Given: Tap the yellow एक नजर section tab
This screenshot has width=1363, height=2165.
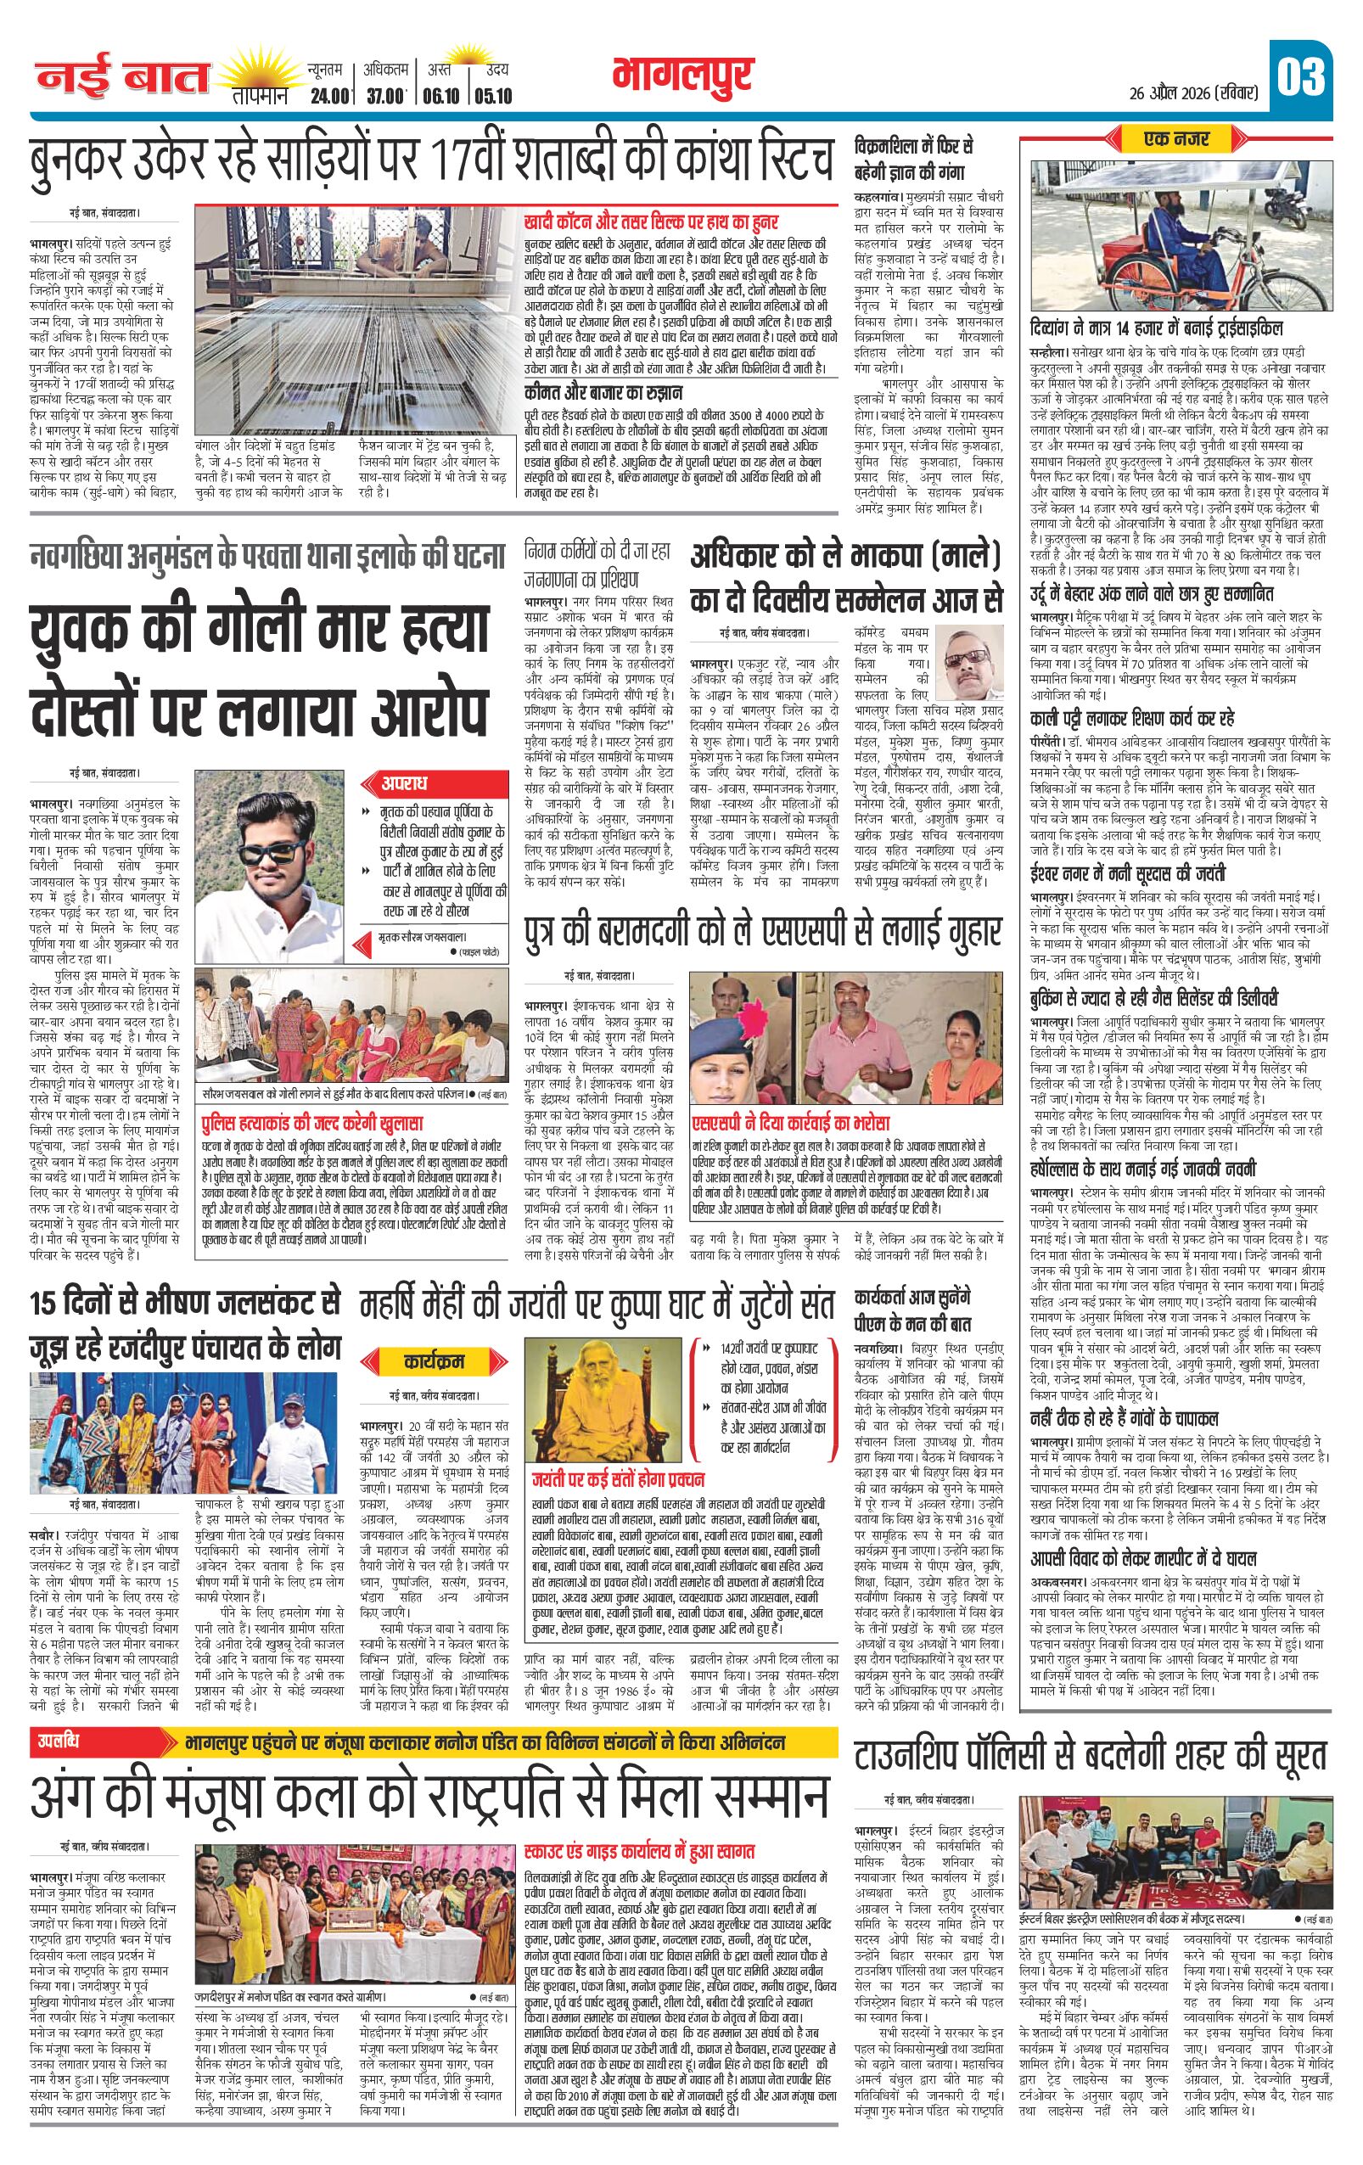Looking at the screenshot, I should [x=1176, y=139].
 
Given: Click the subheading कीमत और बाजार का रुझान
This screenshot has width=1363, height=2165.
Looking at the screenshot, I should [x=603, y=392].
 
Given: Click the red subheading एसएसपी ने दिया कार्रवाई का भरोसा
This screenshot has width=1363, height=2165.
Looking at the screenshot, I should [x=789, y=1123].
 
